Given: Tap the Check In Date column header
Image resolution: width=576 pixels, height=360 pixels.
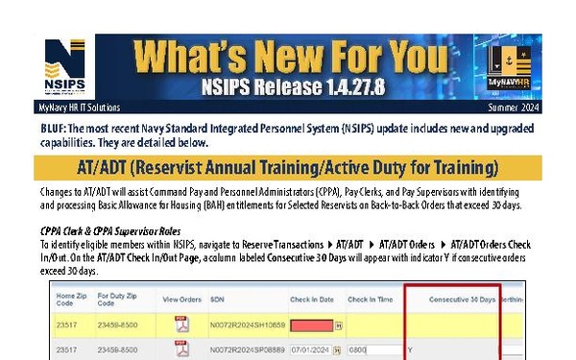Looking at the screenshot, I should click(310, 300).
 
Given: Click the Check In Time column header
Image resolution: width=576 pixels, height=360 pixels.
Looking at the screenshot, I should click(372, 300).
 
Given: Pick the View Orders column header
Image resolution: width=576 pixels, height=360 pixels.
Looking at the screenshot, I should click(180, 300).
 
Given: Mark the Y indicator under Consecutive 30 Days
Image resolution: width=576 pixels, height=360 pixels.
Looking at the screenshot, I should click(409, 350).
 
